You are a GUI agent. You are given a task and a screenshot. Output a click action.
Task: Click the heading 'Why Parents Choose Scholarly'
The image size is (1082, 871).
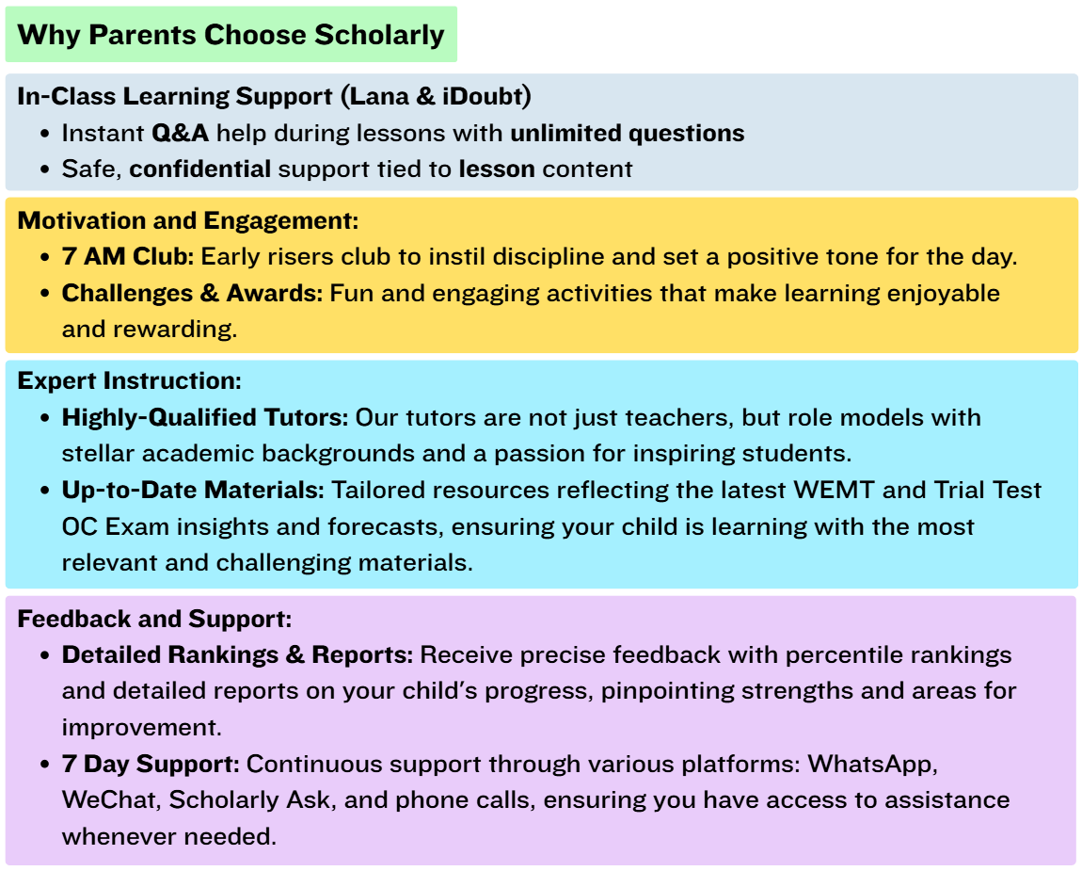click(x=231, y=36)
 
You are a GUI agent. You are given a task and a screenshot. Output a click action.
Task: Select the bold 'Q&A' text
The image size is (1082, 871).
click(x=180, y=133)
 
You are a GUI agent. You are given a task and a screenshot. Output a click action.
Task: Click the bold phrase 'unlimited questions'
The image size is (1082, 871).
click(x=627, y=133)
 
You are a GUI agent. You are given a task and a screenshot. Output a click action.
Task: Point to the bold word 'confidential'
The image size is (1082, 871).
click(x=199, y=169)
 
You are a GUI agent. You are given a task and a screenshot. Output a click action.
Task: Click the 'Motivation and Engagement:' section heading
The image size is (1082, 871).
click(x=188, y=220)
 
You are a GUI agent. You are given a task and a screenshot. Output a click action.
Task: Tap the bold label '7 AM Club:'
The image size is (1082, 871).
click(x=128, y=257)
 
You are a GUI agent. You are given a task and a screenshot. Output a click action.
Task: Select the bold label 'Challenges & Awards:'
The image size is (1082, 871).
click(x=192, y=293)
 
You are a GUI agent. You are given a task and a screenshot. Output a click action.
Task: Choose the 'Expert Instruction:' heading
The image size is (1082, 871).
click(x=130, y=381)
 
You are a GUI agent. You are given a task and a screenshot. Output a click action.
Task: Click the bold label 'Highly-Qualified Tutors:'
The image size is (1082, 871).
click(x=205, y=417)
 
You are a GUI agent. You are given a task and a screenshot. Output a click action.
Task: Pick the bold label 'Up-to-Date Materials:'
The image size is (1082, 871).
click(x=193, y=490)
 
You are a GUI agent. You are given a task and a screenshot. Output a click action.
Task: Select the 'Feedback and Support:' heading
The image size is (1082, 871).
click(x=154, y=619)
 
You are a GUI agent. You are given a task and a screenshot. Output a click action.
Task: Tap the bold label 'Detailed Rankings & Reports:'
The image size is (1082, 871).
click(x=237, y=654)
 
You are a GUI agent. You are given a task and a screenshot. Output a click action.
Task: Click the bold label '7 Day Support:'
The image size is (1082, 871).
click(x=151, y=763)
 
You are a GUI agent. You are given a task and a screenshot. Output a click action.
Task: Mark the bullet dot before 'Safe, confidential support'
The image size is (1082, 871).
click(x=46, y=170)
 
